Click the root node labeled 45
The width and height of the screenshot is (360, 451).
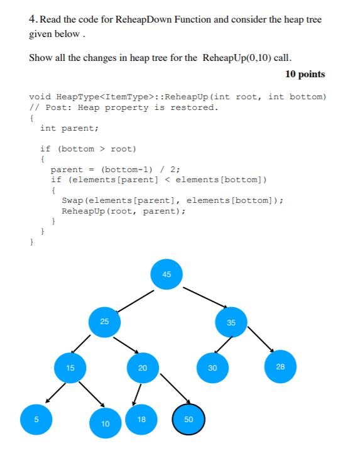(x=166, y=274)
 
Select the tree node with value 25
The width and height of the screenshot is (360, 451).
(x=104, y=322)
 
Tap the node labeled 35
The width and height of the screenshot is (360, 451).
(x=231, y=323)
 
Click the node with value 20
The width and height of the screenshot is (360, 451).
(x=142, y=368)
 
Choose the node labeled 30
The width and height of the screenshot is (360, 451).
(x=212, y=368)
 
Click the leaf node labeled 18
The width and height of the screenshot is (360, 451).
(x=142, y=418)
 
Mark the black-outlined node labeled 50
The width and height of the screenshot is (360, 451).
(x=189, y=419)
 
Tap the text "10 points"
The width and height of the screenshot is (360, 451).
(x=305, y=74)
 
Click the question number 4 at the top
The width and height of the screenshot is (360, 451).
(x=33, y=19)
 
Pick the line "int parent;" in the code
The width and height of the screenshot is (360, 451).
(x=69, y=128)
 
